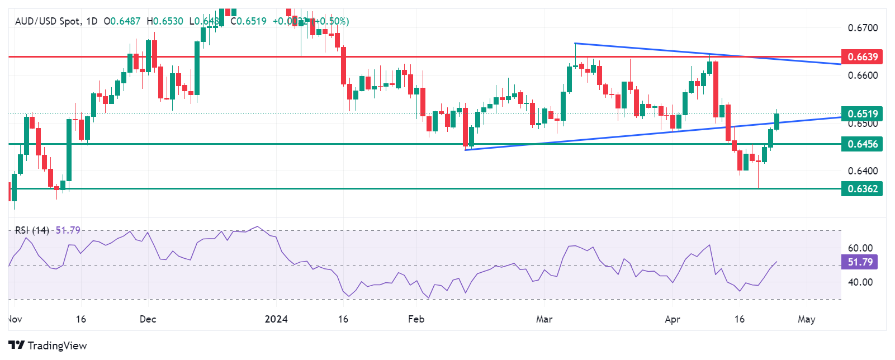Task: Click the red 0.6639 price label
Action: (863, 56)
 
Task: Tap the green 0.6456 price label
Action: (863, 144)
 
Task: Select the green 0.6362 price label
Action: (863, 188)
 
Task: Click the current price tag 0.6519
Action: (863, 113)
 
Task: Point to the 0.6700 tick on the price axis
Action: (863, 27)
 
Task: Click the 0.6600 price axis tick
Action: (863, 75)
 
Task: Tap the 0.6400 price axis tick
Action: (863, 170)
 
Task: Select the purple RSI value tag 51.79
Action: (860, 262)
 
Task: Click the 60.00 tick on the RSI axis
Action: (860, 248)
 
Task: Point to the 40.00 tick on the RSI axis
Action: (860, 282)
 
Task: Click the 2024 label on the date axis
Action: (276, 319)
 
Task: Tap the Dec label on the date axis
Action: (148, 319)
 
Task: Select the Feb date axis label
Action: (416, 319)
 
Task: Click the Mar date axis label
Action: (544, 319)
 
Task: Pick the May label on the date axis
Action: (806, 319)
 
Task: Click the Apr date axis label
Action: (673, 319)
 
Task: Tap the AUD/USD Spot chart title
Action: (47, 21)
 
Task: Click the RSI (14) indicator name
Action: (32, 230)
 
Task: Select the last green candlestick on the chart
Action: (776, 121)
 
